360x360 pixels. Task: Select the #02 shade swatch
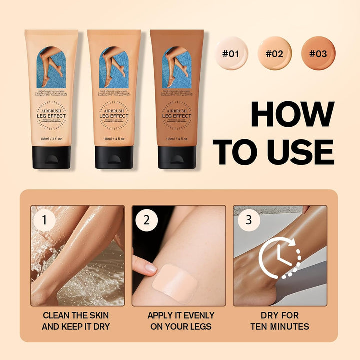pyautogui.click(x=274, y=53)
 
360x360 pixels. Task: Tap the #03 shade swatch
pyautogui.click(x=318, y=53)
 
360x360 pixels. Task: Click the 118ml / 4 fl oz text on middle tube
pyautogui.click(x=114, y=139)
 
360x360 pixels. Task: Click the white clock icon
pyautogui.click(x=279, y=257)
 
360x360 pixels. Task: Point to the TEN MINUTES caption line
pyautogui.click(x=280, y=327)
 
